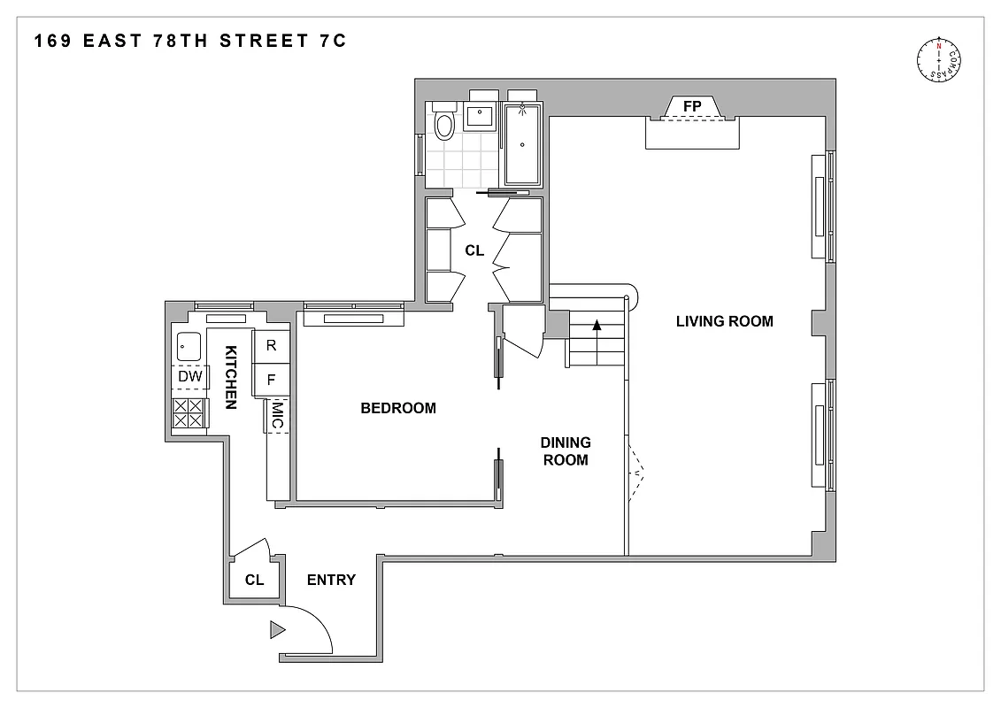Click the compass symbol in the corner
(938, 61)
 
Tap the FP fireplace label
(692, 106)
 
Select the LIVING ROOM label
(724, 321)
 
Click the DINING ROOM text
(566, 451)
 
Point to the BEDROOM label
(398, 408)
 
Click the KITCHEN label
(230, 377)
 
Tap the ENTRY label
(331, 581)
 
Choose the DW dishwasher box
(190, 377)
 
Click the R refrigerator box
(272, 346)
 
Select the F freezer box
(272, 380)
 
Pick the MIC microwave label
(277, 416)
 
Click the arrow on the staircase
(597, 325)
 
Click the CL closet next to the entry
(255, 581)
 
